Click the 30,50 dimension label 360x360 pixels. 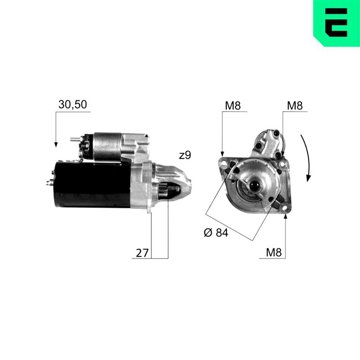[72, 104]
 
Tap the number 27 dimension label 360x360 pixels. [142, 253]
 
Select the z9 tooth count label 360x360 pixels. [185, 155]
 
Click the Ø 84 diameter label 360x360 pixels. [216, 233]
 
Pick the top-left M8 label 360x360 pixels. [233, 106]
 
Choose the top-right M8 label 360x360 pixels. [295, 106]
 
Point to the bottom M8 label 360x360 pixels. [274, 252]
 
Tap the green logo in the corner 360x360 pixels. [337, 23]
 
